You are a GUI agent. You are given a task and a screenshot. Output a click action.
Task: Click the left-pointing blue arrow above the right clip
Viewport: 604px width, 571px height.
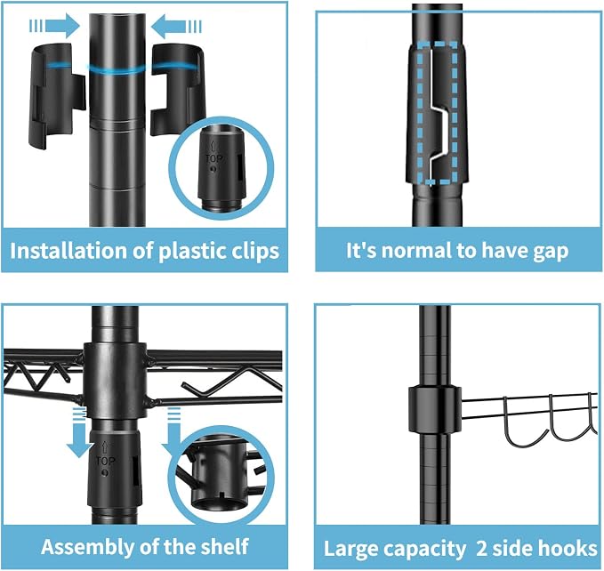point(176,27)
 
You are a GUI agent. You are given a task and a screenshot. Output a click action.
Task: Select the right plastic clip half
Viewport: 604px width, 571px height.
point(178,90)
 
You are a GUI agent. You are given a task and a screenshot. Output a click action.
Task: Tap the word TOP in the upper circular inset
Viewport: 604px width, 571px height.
point(213,158)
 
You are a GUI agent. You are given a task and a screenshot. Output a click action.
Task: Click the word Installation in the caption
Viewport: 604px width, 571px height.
point(68,251)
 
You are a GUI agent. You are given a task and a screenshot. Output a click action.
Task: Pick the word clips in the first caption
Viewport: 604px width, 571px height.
point(254,252)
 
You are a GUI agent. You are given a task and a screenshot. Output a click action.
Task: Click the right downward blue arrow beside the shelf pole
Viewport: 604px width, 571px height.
point(173,431)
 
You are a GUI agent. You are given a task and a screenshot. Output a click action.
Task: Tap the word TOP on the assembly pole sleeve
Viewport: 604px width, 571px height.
point(105,461)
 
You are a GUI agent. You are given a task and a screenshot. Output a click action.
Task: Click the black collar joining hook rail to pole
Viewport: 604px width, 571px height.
point(435,408)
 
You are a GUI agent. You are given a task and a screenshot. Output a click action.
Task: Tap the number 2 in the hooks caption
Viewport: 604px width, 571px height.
point(481,549)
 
